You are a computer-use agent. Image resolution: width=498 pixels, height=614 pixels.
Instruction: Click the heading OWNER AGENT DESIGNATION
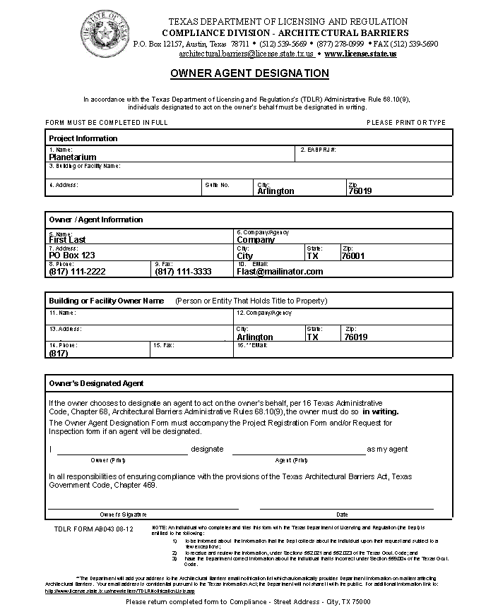pyautogui.click(x=249, y=73)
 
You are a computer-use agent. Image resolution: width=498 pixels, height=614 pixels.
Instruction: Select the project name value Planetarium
pyautogui.click(x=73, y=157)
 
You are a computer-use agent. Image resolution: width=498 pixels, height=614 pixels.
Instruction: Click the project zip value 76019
pyautogui.click(x=360, y=191)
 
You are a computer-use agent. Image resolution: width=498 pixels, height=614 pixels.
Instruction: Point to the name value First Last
pyautogui.click(x=67, y=240)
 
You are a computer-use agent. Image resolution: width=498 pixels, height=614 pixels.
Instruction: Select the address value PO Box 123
pyautogui.click(x=71, y=255)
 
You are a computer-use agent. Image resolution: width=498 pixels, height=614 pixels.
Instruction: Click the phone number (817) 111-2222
pyautogui.click(x=77, y=272)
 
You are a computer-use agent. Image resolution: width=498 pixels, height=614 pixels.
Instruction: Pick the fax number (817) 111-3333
pyautogui.click(x=183, y=272)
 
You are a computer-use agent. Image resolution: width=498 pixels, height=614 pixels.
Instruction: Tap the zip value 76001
pyautogui.click(x=352, y=256)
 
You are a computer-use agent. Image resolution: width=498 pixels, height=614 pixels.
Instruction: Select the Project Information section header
pyautogui.click(x=83, y=138)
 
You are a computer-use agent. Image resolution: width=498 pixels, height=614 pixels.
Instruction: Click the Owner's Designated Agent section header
pyautogui.click(x=96, y=383)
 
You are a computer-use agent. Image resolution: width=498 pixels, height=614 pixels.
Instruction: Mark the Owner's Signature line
pyautogui.click(x=143, y=507)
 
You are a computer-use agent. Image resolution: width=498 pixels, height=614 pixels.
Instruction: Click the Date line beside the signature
pyautogui.click(x=346, y=507)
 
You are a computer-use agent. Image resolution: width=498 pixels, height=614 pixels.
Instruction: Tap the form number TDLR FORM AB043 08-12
pyautogui.click(x=93, y=529)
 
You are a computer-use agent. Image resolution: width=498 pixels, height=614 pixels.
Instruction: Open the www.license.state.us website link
pyautogui.click(x=360, y=54)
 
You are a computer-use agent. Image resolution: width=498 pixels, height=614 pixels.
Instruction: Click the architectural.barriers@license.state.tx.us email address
pyautogui.click(x=247, y=54)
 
